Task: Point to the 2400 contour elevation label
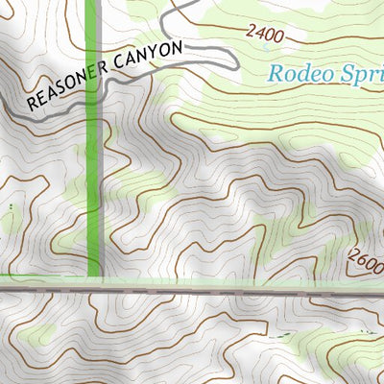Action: click(266, 35)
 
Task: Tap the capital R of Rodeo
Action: click(276, 73)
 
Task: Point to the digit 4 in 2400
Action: click(259, 34)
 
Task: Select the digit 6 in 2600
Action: click(359, 258)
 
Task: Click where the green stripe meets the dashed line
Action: click(93, 284)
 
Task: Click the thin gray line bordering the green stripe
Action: click(101, 192)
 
